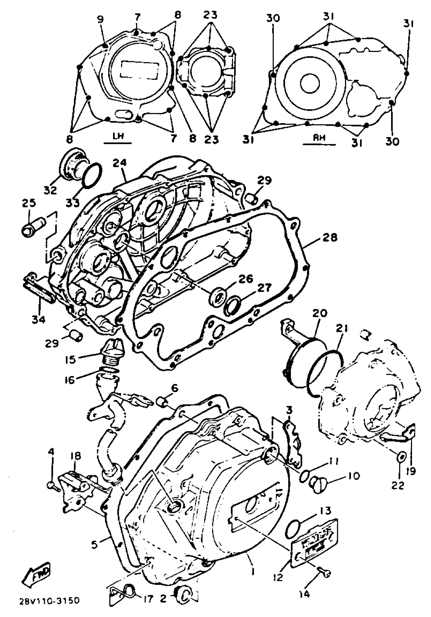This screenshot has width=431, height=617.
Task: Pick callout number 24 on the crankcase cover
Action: [120, 163]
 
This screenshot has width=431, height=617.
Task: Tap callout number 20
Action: [320, 313]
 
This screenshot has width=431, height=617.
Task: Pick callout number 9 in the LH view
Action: [101, 19]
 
